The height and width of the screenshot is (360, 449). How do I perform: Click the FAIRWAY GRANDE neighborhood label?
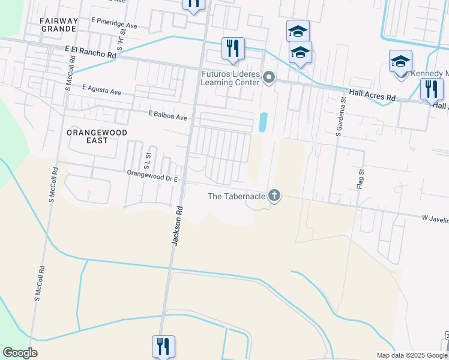click(x=59, y=25)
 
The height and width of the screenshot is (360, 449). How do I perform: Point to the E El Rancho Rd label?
click(x=91, y=51)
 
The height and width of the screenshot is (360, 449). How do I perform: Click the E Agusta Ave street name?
click(x=101, y=90)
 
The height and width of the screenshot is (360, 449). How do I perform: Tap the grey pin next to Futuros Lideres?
click(x=270, y=77)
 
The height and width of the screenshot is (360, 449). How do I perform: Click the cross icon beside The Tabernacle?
click(x=274, y=195)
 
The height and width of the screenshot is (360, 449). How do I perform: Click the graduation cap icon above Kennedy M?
click(x=400, y=61)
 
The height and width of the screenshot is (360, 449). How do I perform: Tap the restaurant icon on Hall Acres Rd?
click(x=431, y=89)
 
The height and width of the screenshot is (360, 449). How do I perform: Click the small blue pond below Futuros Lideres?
click(x=262, y=122)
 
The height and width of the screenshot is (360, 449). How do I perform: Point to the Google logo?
click(x=20, y=353)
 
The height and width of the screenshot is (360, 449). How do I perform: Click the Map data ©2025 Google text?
click(x=412, y=355)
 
